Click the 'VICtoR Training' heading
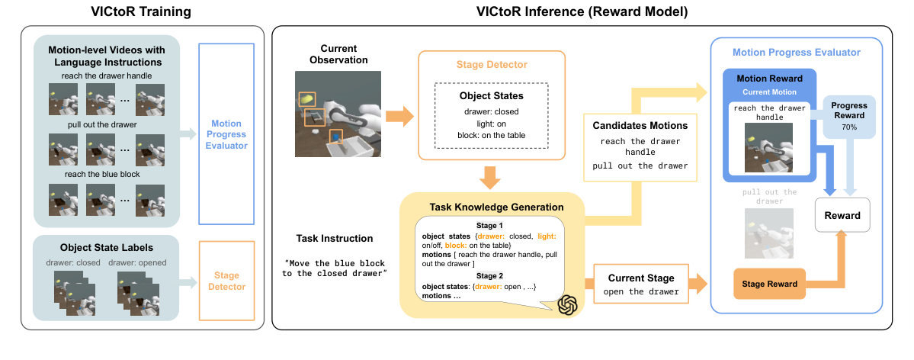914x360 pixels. click(143, 11)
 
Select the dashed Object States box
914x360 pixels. click(491, 116)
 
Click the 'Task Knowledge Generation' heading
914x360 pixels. click(492, 207)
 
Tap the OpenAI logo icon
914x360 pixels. click(568, 304)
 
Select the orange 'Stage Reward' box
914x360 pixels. click(765, 284)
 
